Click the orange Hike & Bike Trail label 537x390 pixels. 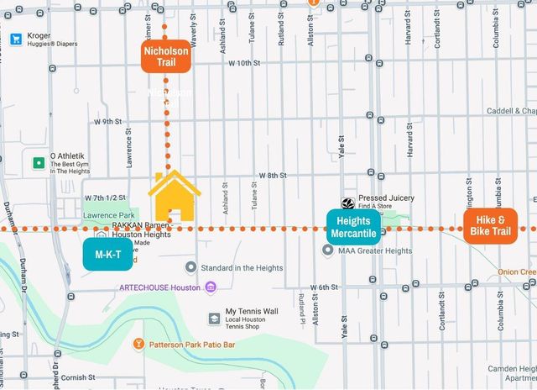(490, 226)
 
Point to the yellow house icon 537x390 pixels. (174, 196)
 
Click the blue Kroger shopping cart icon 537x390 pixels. (15, 39)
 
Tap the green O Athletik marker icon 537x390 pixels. (38, 162)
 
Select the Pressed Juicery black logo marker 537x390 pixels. (347, 203)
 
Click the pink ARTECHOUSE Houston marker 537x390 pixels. (210, 287)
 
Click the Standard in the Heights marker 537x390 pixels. (190, 267)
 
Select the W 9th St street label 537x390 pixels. (108, 121)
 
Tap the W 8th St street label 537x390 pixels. (270, 175)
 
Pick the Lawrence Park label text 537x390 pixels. (104, 215)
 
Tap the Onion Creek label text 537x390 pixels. (517, 271)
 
